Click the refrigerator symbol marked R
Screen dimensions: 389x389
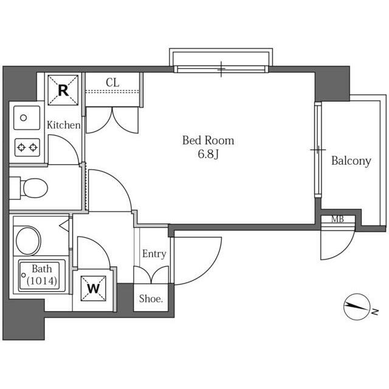(63, 91)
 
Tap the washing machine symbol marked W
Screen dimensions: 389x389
(94, 289)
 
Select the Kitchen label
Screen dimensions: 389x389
(64, 125)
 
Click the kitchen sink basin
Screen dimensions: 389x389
(27, 118)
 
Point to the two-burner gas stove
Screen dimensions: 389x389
(27, 147)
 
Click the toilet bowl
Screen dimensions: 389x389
(35, 188)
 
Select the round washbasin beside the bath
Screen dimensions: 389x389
(28, 241)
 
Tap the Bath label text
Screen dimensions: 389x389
(42, 269)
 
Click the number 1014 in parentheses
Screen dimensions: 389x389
(42, 281)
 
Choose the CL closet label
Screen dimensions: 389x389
(112, 83)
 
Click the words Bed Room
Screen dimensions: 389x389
(208, 140)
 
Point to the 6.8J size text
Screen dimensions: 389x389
(208, 154)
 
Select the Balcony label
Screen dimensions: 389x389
(351, 160)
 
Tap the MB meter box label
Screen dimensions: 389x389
(338, 219)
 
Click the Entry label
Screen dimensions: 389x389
(154, 254)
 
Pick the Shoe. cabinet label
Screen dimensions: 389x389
(151, 298)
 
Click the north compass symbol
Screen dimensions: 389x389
(357, 307)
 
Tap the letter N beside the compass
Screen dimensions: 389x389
(375, 312)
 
